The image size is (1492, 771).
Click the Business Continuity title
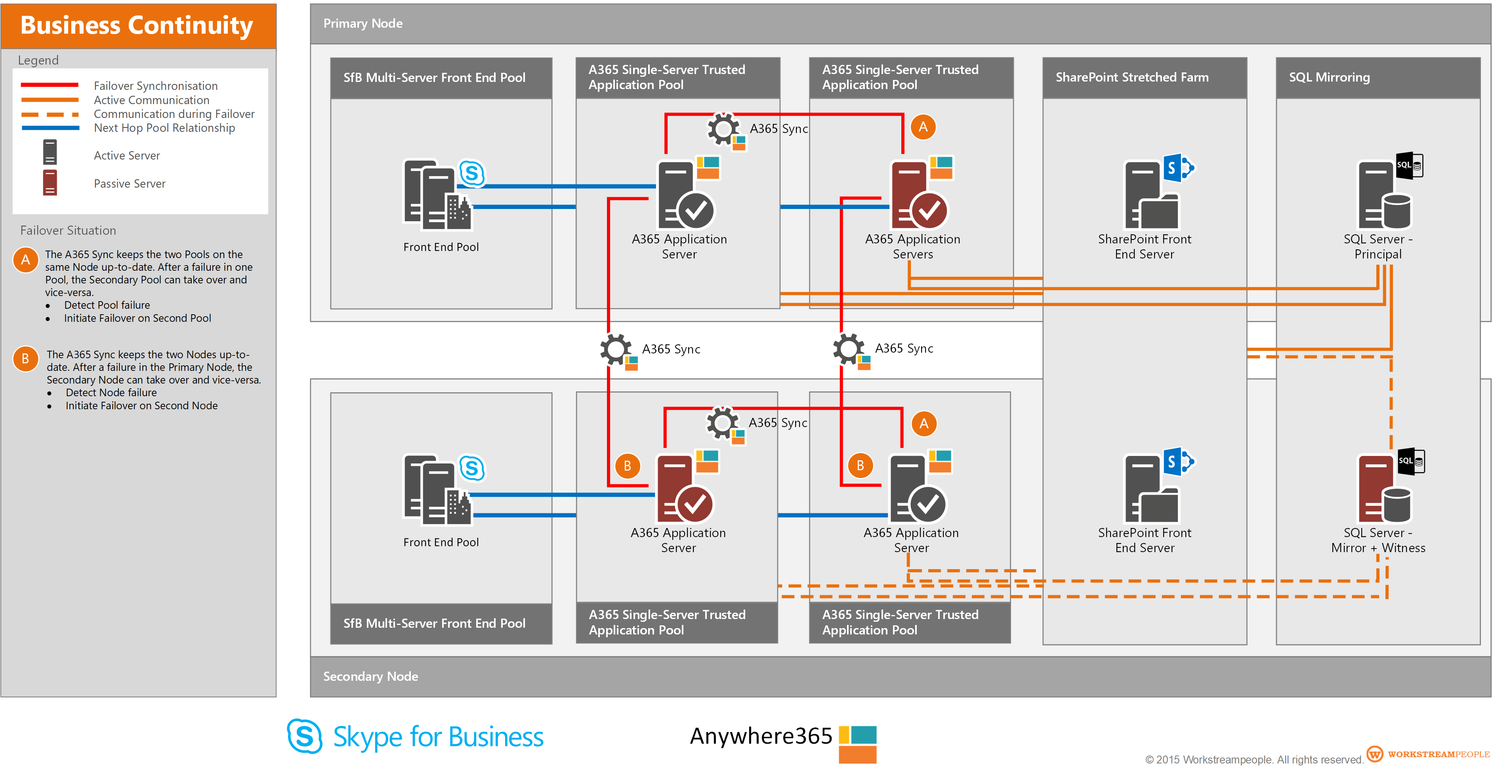[137, 25]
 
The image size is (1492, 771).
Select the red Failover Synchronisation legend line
[50, 85]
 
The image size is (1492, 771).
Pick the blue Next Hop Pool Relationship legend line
[50, 128]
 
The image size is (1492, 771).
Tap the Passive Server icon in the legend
[50, 183]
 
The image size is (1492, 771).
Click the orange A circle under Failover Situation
[25, 260]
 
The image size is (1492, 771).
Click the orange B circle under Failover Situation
[25, 359]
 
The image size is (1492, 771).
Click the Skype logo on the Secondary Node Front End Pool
[472, 468]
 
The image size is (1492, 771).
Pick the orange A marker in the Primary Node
[923, 127]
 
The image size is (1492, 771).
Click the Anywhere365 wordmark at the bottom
[761, 736]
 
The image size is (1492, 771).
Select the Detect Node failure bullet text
[111, 393]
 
